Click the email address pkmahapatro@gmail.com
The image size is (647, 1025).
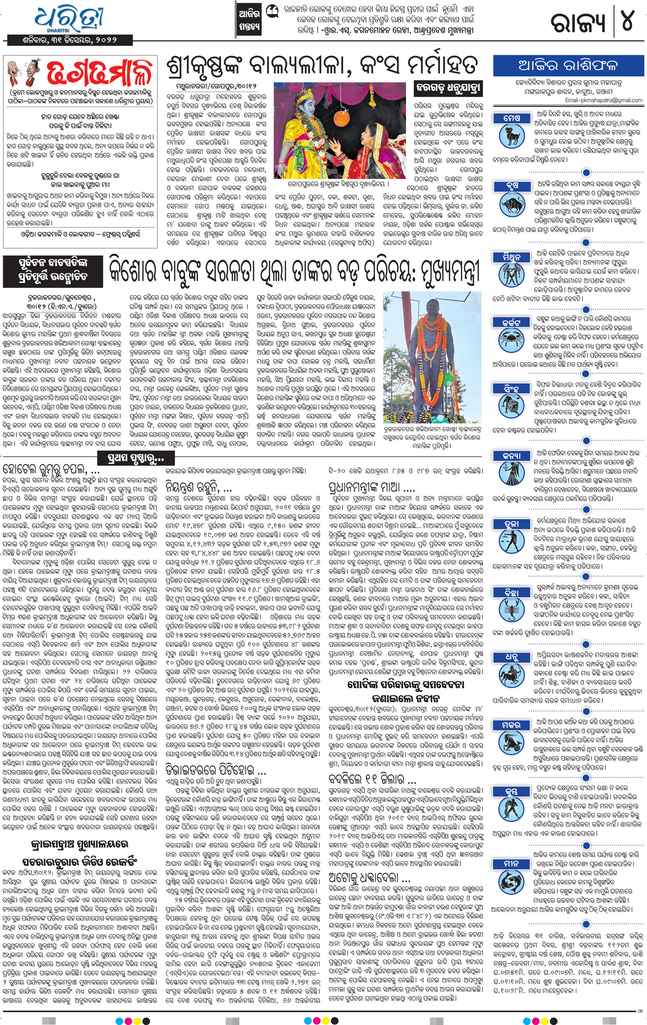[604, 100]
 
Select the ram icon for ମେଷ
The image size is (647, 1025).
[512, 135]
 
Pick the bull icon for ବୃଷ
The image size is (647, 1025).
[512, 204]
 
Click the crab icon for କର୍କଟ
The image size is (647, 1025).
[512, 340]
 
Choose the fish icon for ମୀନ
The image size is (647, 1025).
[512, 881]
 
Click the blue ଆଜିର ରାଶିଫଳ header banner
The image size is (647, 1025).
[568, 66]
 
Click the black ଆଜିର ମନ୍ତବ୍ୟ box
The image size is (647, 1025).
[248, 20]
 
